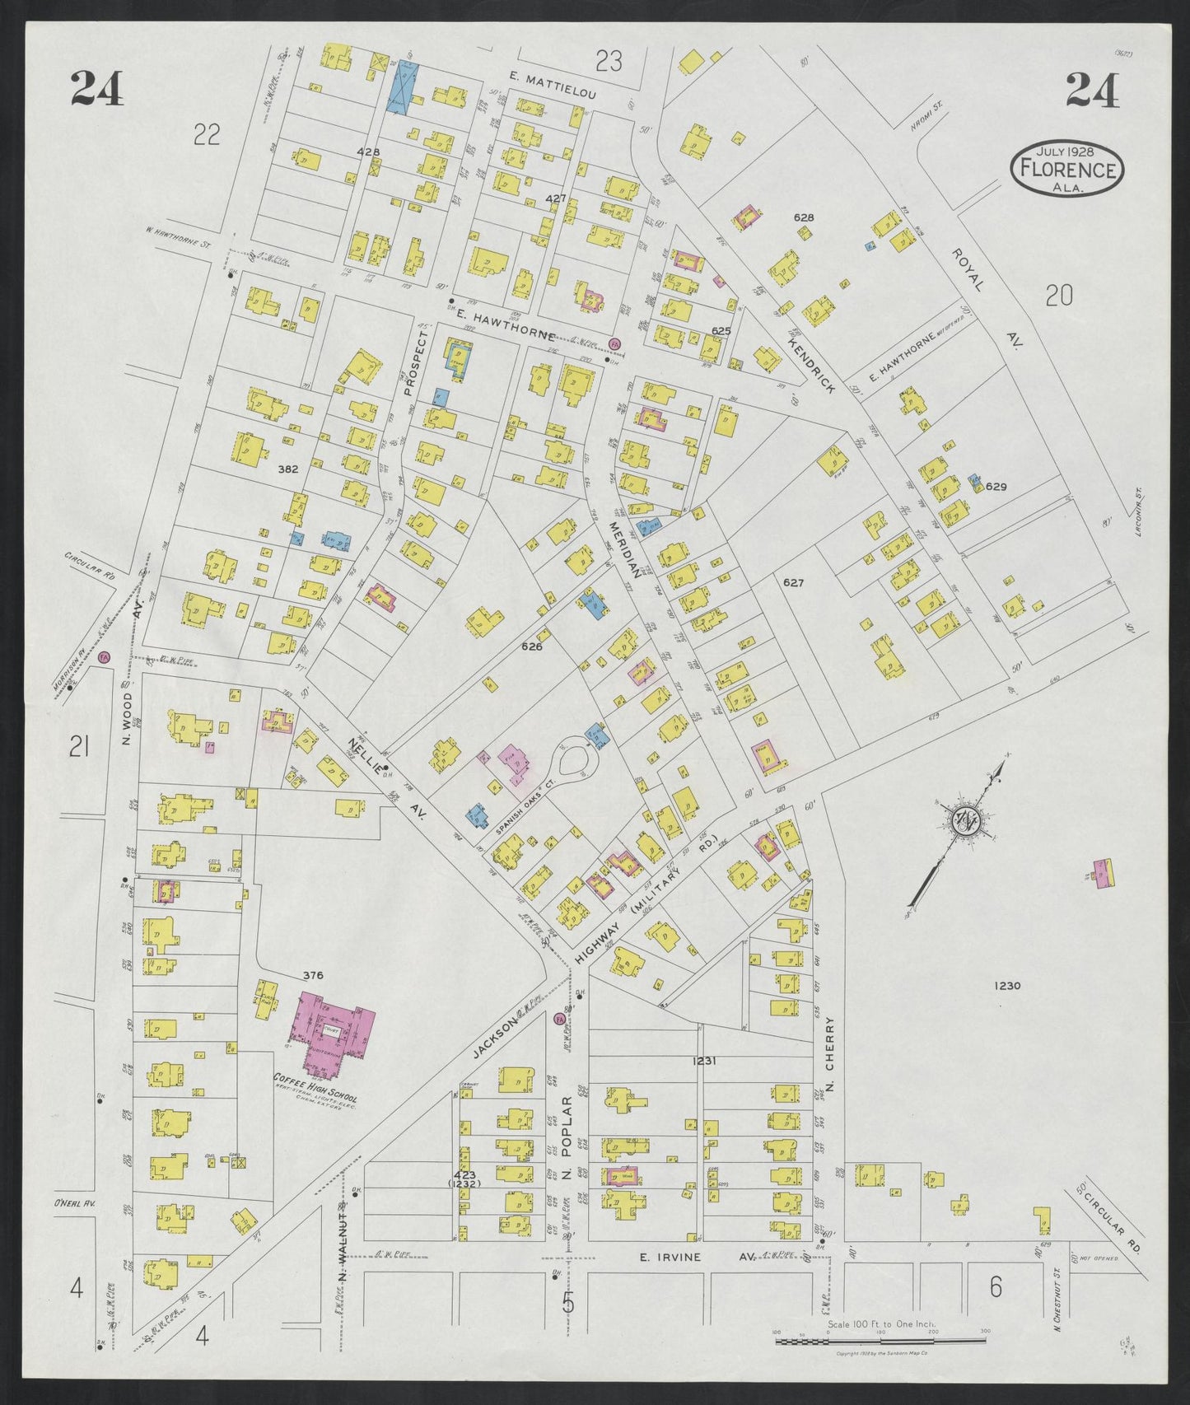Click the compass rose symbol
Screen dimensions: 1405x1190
click(x=964, y=821)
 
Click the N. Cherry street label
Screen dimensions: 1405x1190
click(x=829, y=1053)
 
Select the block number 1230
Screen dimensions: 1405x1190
click(x=1006, y=986)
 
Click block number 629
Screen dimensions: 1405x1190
click(x=996, y=487)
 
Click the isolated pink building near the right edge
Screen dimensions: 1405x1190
click(x=1101, y=872)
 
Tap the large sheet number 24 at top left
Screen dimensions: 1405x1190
click(x=97, y=88)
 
